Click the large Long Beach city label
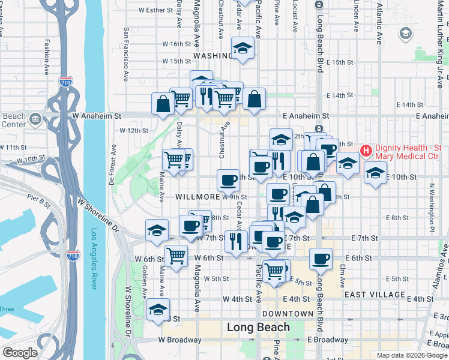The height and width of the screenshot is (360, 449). click(x=258, y=328)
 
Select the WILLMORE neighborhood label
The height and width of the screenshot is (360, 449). click(x=197, y=197)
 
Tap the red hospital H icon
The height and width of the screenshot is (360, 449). click(x=365, y=149)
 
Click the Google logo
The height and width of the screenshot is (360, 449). click(x=20, y=353)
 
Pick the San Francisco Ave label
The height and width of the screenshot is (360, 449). click(x=127, y=55)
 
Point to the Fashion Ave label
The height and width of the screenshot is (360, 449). click(x=47, y=57)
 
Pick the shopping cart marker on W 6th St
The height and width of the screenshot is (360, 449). click(x=176, y=256)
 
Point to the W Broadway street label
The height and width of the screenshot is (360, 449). click(x=180, y=340)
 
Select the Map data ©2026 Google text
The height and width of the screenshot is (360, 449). click(x=411, y=355)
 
